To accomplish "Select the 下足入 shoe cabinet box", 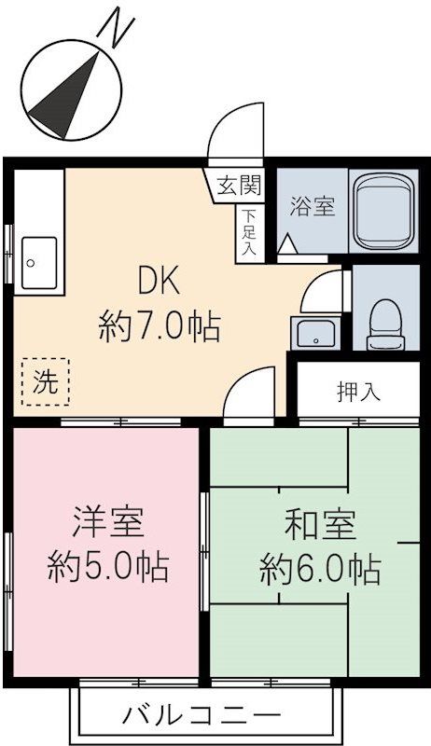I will tap(249, 233).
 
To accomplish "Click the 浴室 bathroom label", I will tap(312, 207).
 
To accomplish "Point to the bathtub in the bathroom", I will tap(385, 211).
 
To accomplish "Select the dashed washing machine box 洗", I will tap(46, 381).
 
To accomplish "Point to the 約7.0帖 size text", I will tap(159, 326).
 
